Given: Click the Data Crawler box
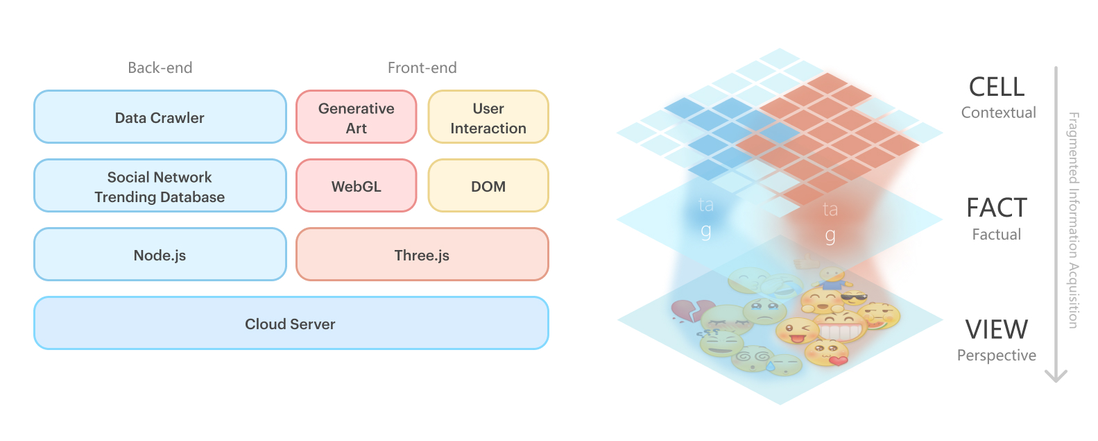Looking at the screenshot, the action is point(160,117).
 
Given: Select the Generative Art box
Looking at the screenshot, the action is point(357,117).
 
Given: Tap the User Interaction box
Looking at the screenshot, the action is point(488,117).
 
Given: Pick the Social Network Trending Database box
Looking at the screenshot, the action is point(160,185).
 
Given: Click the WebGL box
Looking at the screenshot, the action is point(357,185).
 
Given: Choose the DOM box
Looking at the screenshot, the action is point(488,185).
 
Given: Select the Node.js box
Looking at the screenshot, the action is point(160,254).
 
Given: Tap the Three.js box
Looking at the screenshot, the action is point(422,254).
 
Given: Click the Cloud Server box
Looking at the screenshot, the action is point(291,323).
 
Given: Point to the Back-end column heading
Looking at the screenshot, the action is point(160,67).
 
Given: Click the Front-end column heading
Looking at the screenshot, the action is point(422,67).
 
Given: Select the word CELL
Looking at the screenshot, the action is point(997,88).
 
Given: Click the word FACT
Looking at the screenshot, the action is point(997,208).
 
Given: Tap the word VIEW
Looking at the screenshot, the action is point(997,330).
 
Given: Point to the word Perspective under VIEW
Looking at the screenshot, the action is point(997,355).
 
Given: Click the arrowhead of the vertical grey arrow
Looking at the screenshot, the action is point(1056,376).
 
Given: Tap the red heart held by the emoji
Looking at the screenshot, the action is point(838,361).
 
